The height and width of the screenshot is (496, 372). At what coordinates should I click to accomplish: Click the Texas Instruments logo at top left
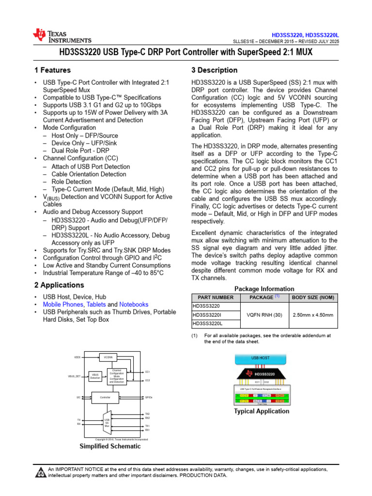point(62,35)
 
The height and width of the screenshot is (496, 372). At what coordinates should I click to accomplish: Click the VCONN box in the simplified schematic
point(108,357)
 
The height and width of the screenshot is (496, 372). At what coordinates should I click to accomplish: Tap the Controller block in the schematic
point(105,397)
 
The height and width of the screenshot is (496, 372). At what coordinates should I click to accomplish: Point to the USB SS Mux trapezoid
point(107,422)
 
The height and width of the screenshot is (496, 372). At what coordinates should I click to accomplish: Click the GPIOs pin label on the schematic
point(149,397)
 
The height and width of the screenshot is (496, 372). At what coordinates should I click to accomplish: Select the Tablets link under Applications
point(96,305)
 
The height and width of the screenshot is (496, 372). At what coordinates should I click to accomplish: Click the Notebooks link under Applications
point(134,305)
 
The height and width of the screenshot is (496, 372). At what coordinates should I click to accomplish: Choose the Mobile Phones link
point(63,305)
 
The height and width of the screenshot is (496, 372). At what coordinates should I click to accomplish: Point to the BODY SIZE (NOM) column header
point(313,297)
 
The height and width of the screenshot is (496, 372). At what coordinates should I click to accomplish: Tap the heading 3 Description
point(215,70)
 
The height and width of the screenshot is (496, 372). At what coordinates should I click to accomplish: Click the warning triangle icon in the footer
point(41,472)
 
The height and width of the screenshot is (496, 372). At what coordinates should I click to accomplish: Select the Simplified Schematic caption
point(110,446)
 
